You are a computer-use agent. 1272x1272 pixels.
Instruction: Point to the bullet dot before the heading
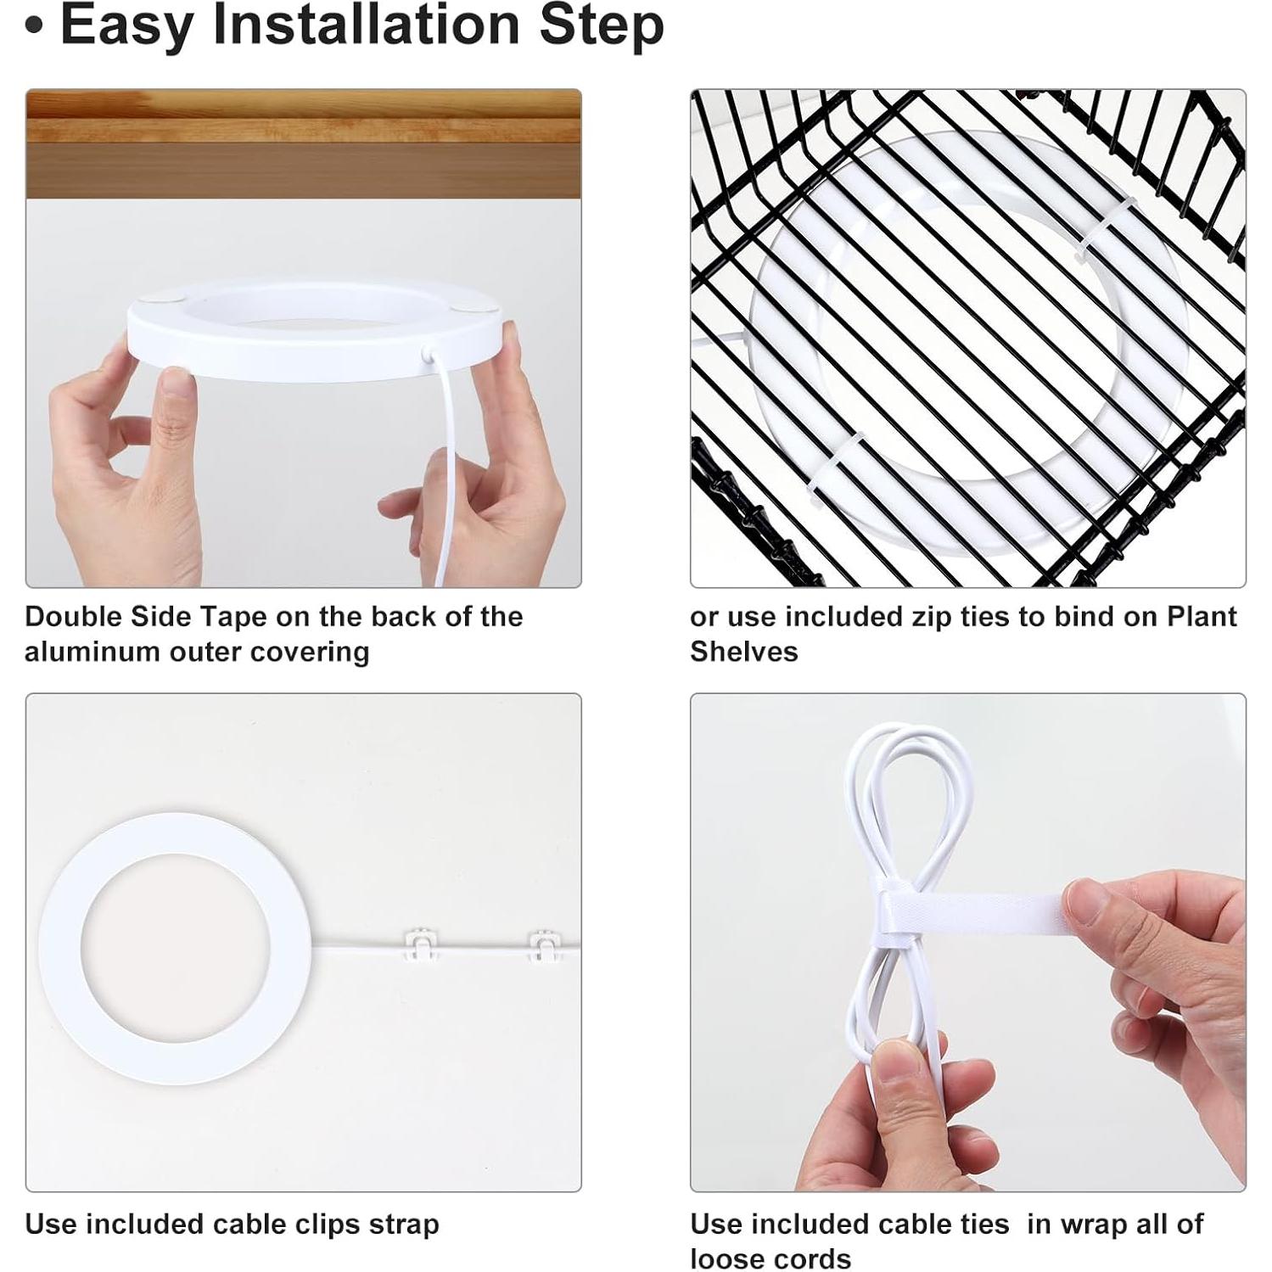pos(34,26)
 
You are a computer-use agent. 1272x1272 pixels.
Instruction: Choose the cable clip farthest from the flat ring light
pos(545,945)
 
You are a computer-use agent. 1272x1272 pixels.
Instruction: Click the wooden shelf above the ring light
pos(304,143)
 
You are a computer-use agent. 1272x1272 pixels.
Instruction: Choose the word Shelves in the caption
pos(744,652)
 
